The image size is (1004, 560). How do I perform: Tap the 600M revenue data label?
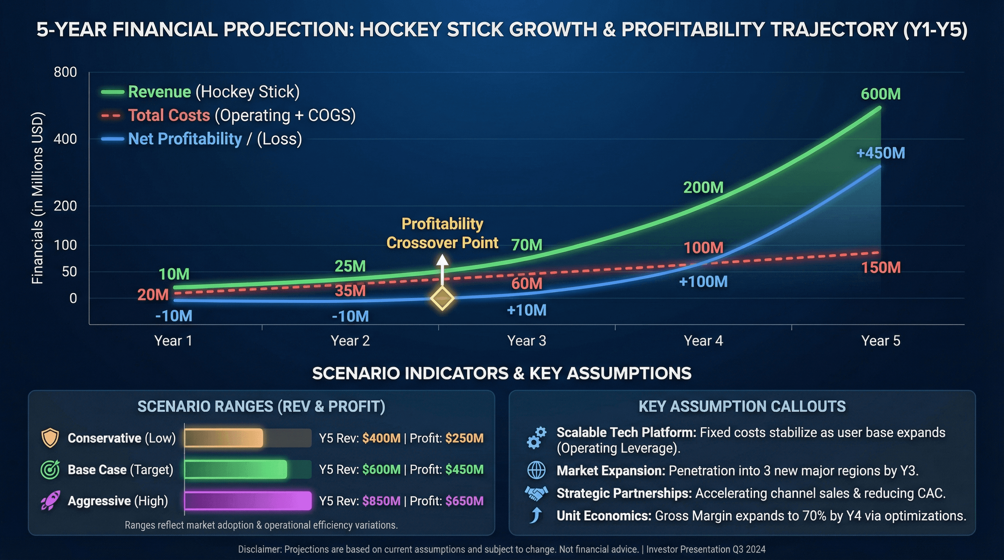880,94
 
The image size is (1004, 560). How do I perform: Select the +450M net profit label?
880,153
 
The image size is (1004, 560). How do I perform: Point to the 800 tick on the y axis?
65,72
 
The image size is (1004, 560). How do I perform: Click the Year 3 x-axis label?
526,341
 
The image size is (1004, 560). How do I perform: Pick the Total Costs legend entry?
228,115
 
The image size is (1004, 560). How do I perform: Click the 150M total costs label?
880,268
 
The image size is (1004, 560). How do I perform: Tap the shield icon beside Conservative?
50,438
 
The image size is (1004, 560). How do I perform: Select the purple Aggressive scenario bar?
248,501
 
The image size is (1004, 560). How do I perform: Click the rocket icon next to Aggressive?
50,501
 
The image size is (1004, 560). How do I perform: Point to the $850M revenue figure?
381,501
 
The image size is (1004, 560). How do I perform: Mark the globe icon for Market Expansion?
536,470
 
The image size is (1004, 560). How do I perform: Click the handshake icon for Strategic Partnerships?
536,493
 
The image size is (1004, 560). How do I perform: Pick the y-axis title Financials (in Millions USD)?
38,198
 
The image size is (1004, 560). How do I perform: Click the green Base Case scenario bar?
236,469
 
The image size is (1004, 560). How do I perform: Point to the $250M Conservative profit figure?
464,438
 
